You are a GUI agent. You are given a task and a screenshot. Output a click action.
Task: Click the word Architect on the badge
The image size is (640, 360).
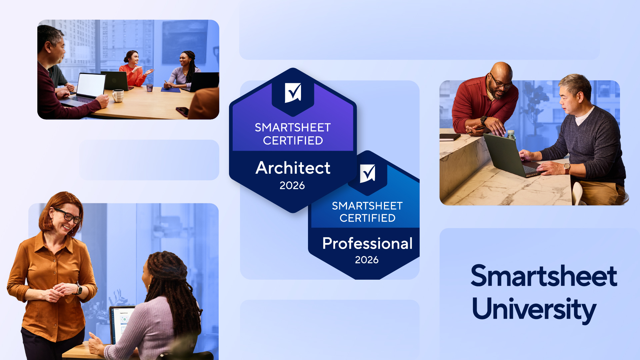point(293,168)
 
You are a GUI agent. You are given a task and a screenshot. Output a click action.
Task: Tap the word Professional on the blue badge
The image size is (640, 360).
point(367,243)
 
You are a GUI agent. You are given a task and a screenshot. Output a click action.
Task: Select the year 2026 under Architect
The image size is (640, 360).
point(292,185)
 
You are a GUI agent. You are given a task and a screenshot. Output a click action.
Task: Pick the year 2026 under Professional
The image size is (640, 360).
point(367,260)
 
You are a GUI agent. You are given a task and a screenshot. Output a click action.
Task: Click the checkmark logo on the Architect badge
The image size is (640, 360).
point(293,93)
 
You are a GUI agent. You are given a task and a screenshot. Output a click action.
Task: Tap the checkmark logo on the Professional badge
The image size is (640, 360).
point(367,173)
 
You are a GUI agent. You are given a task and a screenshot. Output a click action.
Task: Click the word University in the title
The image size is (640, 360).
point(534,309)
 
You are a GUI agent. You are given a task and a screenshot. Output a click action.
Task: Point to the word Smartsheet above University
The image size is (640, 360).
point(544,276)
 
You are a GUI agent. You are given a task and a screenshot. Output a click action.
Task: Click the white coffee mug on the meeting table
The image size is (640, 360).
point(118,96)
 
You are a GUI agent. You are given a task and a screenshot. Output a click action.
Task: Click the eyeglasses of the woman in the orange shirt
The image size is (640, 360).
point(68,216)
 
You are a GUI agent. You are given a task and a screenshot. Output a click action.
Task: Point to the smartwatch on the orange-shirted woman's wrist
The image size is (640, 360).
point(79,289)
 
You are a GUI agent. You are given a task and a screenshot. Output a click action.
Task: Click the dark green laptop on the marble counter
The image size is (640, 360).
point(512,155)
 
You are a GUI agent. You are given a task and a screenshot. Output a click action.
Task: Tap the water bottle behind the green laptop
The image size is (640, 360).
point(511,135)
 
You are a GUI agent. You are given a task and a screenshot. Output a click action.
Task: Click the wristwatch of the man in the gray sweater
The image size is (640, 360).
point(567,169)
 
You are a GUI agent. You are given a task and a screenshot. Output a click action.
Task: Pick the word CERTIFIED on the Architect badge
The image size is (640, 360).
point(293,141)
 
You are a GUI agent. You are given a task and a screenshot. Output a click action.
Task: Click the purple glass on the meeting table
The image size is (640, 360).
point(150,88)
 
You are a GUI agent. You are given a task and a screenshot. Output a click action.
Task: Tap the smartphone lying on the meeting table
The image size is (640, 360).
point(182,111)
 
